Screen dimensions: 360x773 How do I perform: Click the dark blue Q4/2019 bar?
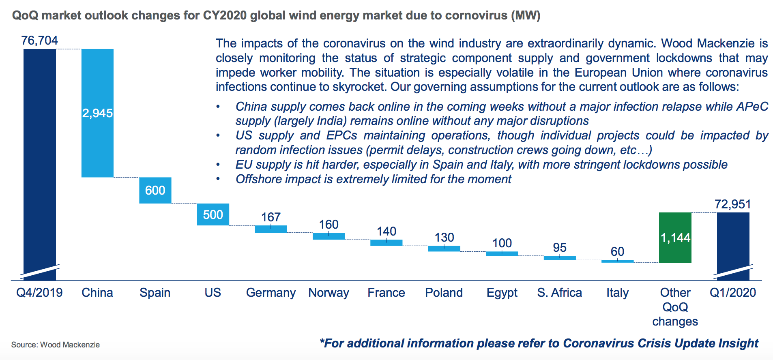(40, 162)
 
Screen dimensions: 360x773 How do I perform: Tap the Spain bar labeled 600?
(155, 190)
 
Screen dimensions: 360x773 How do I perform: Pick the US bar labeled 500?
(213, 214)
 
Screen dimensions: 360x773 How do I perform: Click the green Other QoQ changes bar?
(675, 238)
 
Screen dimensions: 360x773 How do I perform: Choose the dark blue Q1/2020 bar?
(733, 243)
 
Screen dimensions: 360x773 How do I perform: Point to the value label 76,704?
(40, 41)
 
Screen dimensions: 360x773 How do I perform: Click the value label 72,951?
(732, 204)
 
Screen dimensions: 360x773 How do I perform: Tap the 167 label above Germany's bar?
(271, 217)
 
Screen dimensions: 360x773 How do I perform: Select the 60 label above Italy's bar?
(617, 251)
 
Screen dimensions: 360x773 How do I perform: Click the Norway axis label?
(329, 293)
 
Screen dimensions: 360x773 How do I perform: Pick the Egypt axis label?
(502, 293)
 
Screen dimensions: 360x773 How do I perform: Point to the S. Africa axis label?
(559, 293)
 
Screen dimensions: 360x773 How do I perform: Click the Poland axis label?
(444, 293)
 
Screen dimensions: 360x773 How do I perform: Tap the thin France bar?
(386, 243)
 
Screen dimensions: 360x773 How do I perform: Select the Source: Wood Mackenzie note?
(56, 345)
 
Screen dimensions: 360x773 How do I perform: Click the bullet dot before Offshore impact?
(218, 179)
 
